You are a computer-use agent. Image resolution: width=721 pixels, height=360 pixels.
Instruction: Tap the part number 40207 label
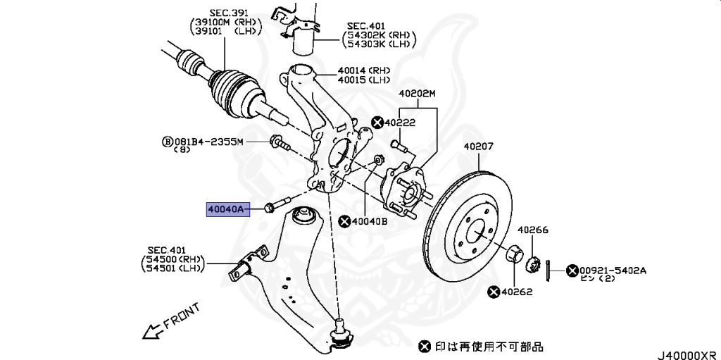point(479,147)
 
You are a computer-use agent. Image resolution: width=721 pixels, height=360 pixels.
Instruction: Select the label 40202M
point(418,94)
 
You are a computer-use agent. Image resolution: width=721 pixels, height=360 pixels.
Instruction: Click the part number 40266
point(533,230)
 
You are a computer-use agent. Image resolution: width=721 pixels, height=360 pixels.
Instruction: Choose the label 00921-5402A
point(613,270)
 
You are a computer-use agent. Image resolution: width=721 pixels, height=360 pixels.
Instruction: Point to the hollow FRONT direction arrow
point(150,330)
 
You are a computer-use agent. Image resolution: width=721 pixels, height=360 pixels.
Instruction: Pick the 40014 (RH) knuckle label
point(363,70)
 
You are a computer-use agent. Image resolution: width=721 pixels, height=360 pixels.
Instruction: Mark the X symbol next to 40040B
point(344,221)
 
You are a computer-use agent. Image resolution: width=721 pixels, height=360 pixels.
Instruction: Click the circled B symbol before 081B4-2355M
point(168,142)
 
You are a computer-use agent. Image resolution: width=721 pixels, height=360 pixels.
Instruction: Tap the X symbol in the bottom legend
point(424,346)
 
